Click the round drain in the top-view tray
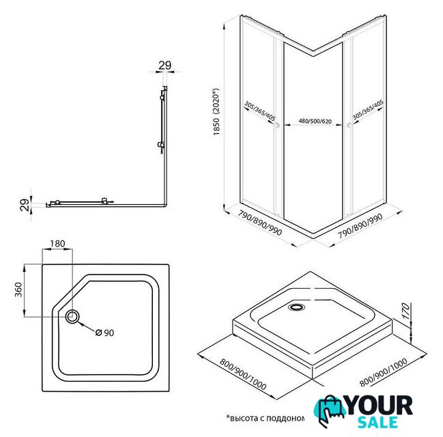pos(73,316)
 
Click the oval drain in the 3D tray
pos(297,307)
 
